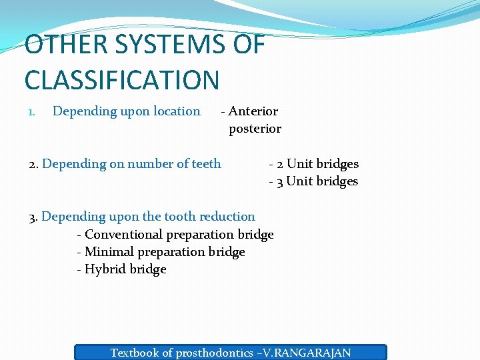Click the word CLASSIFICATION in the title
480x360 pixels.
(x=122, y=80)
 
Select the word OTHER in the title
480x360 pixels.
(x=57, y=45)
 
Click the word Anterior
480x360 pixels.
(x=253, y=111)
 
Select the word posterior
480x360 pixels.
(x=255, y=129)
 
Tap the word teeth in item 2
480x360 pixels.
(x=206, y=164)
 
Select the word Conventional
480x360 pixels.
(x=123, y=235)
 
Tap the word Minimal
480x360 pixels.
(x=109, y=252)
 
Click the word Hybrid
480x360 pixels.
(x=105, y=269)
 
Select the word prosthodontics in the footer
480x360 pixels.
(x=215, y=353)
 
